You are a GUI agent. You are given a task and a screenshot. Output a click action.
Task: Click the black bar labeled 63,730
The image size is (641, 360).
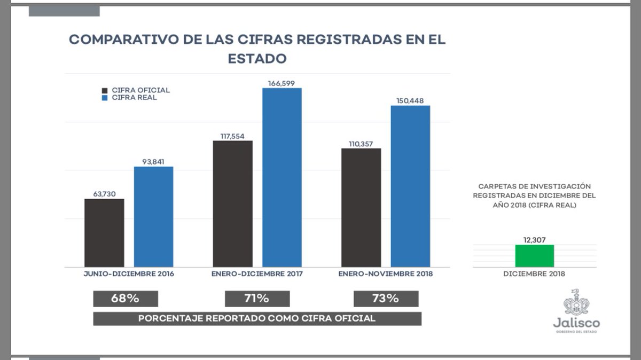coord(104,233)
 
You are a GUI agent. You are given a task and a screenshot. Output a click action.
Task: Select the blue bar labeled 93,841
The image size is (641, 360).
coord(153,217)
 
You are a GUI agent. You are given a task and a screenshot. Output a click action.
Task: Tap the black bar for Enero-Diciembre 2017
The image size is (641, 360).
coord(232,204)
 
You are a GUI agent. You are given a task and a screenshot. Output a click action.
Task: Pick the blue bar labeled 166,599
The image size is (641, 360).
coord(282,177)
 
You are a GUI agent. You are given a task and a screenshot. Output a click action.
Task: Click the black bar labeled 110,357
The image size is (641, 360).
coord(361,207)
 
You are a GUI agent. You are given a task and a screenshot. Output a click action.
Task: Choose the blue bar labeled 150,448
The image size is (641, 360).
coord(410,186)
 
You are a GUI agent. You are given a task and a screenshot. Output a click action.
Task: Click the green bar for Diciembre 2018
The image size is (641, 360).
coord(534,256)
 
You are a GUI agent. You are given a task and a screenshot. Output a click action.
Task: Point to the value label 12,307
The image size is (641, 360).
coord(534,239)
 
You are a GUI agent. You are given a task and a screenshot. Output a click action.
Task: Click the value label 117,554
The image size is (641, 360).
coord(232,136)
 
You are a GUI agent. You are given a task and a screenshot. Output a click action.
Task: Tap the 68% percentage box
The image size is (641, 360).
coord(126,299)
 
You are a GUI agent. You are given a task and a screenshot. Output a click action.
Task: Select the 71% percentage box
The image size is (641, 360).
coord(257,299)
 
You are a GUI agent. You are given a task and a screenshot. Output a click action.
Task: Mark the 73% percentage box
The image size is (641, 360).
coord(386,299)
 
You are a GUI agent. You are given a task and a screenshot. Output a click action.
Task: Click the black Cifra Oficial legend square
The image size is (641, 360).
coord(105,90)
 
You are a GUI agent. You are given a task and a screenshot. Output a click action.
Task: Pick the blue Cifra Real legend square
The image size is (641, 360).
coord(105,98)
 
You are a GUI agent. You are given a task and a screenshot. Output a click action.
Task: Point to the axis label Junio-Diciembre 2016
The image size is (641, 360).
coord(129,274)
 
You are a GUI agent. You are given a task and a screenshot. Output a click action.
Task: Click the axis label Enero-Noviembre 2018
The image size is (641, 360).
coord(386,274)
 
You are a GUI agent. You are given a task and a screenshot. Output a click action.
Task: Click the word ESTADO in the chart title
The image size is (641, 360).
coord(257,58)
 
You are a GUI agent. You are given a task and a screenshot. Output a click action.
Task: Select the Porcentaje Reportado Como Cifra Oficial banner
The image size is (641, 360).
coord(257,318)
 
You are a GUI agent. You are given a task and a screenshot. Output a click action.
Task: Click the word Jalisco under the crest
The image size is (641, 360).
coord(576,324)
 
